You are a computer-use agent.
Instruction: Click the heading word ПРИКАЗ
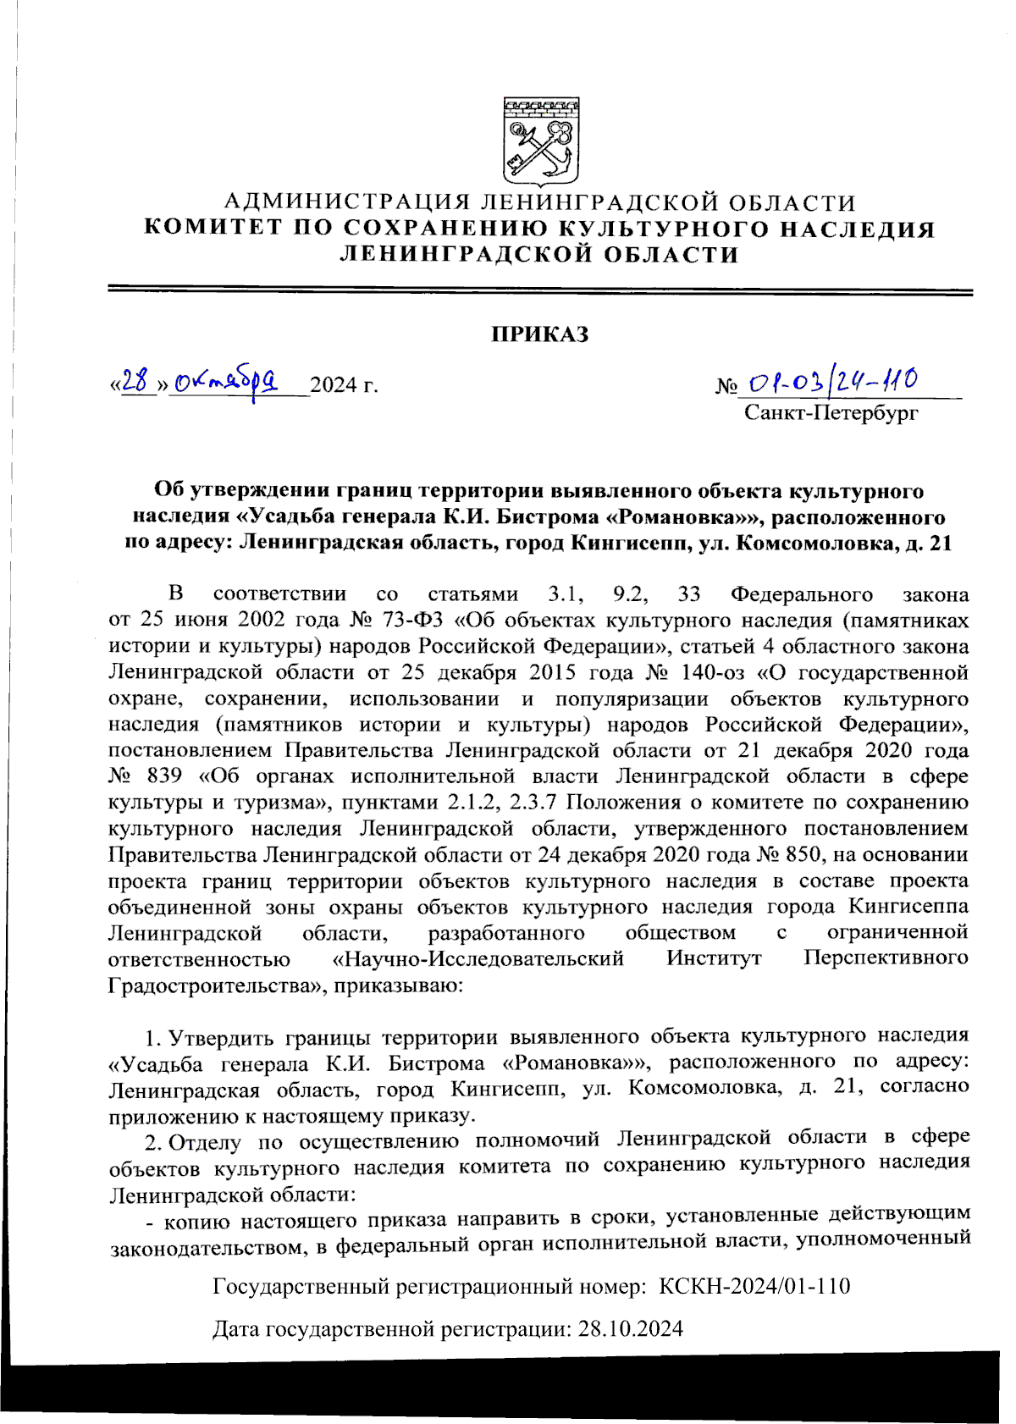pyautogui.click(x=540, y=334)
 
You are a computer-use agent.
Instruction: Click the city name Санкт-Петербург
pyautogui.click(x=831, y=413)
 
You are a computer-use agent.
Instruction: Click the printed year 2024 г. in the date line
pyautogui.click(x=343, y=386)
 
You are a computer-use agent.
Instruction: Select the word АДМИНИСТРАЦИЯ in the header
pyautogui.click(x=347, y=203)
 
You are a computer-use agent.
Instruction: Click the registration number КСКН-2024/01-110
pyautogui.click(x=754, y=1287)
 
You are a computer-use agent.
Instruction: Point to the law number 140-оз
pyautogui.click(x=700, y=673)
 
